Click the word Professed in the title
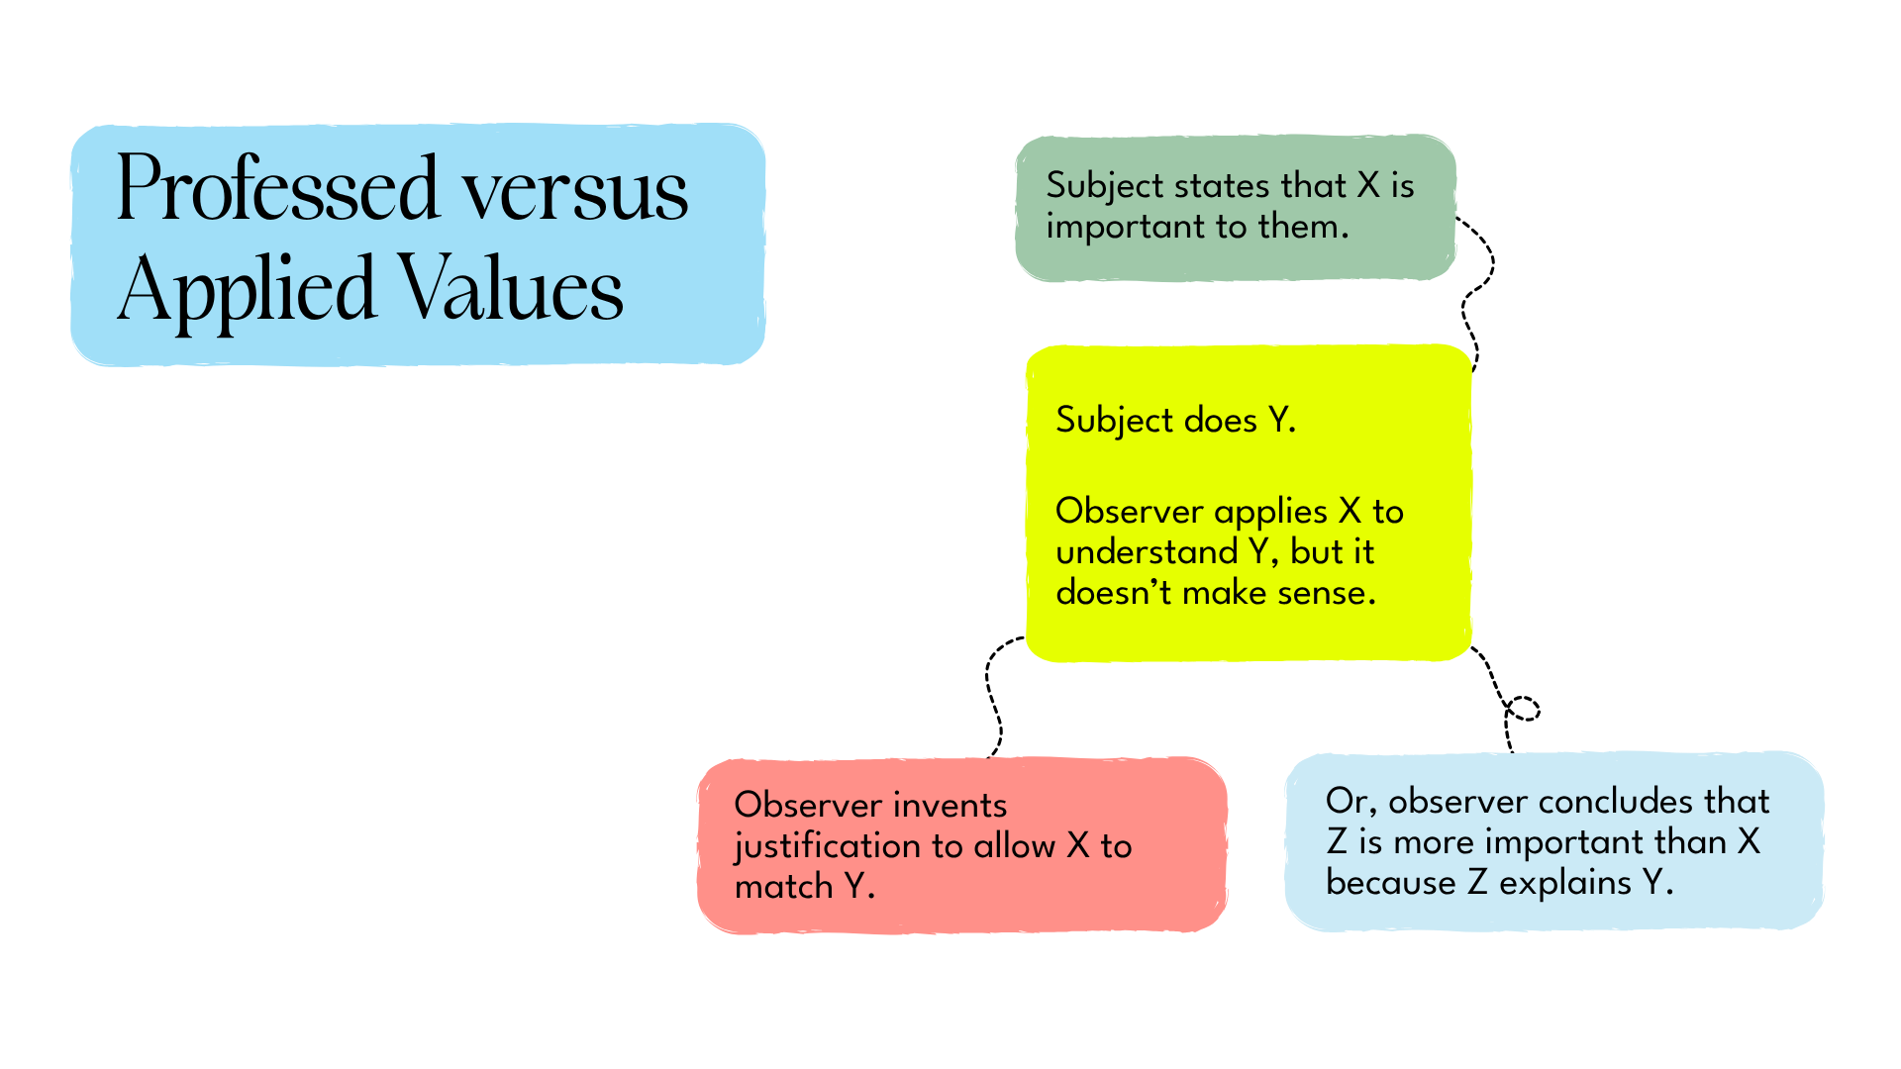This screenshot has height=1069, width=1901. (277, 190)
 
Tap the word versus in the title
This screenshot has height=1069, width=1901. (575, 192)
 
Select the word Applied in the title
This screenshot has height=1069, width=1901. (247, 290)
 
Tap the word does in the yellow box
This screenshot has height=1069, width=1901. (1220, 421)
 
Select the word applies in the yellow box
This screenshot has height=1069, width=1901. (1270, 513)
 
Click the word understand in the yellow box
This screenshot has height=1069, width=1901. (1147, 552)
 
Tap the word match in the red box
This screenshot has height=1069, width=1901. (783, 887)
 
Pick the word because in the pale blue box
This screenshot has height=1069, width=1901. (1390, 883)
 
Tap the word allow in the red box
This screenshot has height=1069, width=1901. (1014, 847)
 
